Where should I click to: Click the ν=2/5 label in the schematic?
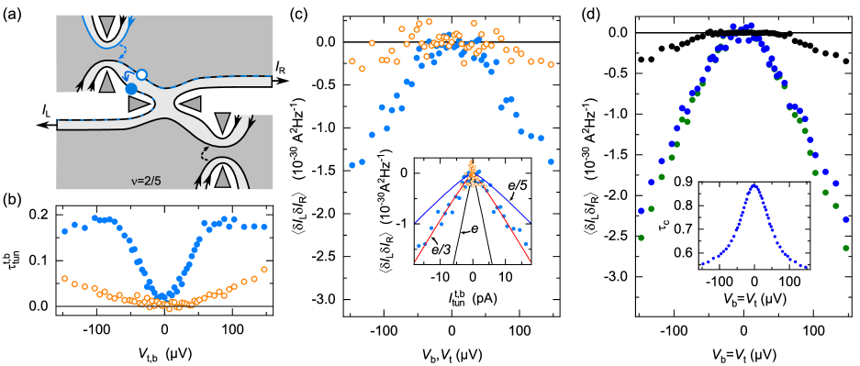[x=146, y=181]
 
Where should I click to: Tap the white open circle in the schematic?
[x=141, y=74]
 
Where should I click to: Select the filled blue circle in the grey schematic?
[x=131, y=89]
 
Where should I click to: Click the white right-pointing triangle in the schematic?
[x=140, y=105]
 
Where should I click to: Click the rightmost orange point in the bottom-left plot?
[x=264, y=270]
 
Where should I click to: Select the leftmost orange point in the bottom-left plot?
[x=64, y=278]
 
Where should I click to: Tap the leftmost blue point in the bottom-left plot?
[x=64, y=231]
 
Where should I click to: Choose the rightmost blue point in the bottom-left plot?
[x=264, y=227]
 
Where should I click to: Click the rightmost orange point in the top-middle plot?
[x=551, y=64]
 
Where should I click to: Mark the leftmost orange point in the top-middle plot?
[x=352, y=61]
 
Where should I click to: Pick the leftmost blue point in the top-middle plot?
[x=352, y=165]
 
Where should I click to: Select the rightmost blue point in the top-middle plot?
[x=551, y=161]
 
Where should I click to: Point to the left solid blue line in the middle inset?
[x=436, y=203]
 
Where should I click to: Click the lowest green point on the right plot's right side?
[x=845, y=248]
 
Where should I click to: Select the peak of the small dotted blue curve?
[x=754, y=186]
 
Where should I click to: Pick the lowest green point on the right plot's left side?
[x=641, y=238]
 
